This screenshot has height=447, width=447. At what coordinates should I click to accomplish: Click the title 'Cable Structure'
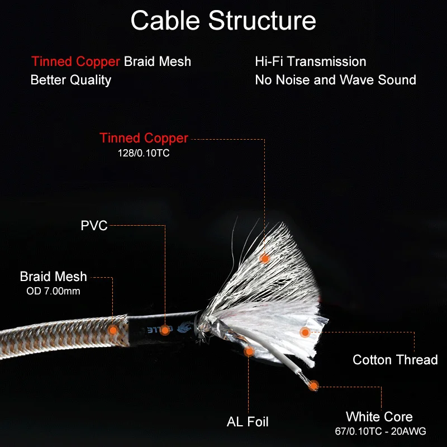coord(223,21)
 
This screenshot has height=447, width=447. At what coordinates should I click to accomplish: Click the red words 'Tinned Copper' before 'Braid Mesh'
coord(75,61)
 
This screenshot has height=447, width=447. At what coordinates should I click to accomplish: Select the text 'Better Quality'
coord(71,80)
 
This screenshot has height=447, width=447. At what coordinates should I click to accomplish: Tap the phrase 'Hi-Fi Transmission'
coord(310,61)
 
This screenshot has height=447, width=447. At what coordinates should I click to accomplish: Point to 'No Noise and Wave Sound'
coord(335,80)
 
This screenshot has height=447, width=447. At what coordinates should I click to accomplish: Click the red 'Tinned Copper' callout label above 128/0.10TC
coord(144,138)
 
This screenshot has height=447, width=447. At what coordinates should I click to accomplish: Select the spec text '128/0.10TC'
coord(144,151)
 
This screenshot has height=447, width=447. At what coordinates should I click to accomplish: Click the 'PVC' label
coord(94,226)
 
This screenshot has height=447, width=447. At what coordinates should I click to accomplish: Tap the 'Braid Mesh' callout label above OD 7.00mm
coord(54,276)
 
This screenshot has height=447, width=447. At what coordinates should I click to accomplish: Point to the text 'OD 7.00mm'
coord(54,291)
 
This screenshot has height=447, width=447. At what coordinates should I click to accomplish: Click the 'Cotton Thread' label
coord(395,359)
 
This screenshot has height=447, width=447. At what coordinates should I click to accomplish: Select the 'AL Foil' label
coord(248,421)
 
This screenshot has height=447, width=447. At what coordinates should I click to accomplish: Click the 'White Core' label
coord(379,417)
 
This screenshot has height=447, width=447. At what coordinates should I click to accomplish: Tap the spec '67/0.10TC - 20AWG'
coord(379,431)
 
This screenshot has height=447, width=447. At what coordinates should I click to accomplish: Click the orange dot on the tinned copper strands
coord(265,258)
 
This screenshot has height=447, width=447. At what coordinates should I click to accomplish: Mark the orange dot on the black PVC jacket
coord(165,330)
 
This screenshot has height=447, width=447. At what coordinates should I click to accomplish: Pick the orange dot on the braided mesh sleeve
coord(113,330)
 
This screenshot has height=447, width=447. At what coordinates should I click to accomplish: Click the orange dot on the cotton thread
coord(305,332)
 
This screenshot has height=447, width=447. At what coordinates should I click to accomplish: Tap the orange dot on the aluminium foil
coord(249,351)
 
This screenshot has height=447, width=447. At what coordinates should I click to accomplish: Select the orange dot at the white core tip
coord(314,385)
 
